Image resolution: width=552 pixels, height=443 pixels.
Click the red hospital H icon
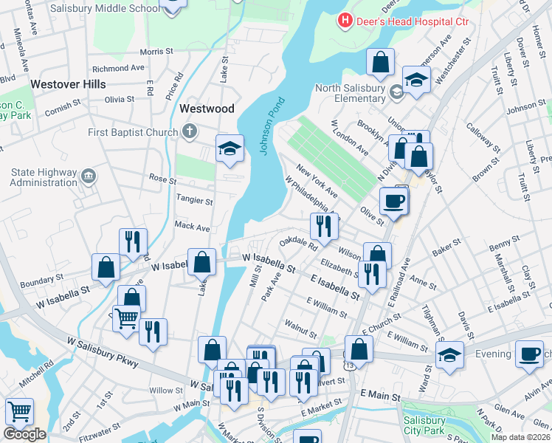(344, 21)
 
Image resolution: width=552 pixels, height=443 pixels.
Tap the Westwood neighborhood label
(207, 109)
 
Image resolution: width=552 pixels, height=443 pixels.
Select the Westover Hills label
(69, 84)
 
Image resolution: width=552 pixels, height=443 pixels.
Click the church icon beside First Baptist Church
(189, 132)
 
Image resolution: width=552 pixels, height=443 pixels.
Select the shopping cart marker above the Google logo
(18, 411)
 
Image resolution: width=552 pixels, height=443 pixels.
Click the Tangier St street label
(194, 200)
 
